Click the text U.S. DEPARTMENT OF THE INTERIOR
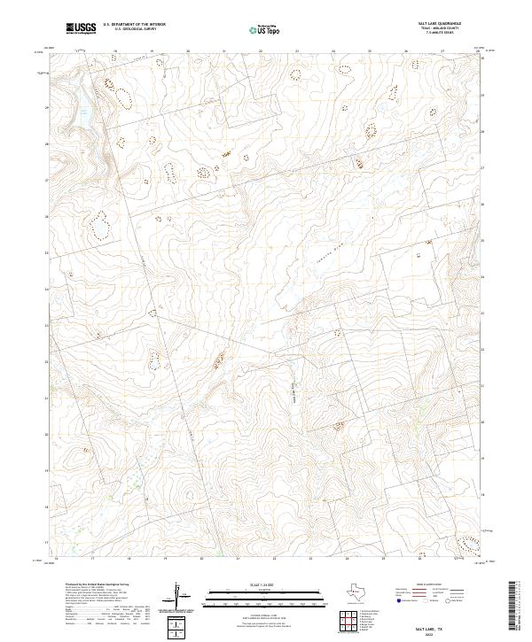pyautogui.click(x=134, y=25)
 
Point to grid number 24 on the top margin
pyautogui.click(x=333, y=51)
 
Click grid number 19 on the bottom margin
pyautogui.click(x=165, y=560)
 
